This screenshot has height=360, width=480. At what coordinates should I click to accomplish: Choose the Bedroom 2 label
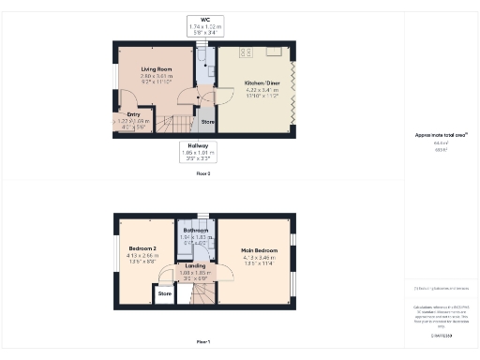point(143,248)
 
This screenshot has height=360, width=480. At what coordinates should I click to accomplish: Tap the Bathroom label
point(195,230)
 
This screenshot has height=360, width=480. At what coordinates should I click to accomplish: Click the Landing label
point(195,265)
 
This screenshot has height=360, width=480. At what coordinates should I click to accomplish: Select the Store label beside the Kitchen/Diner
point(207,121)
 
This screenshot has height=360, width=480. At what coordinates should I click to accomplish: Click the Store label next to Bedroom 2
point(165,293)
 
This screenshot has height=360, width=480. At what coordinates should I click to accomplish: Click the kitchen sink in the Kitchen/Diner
point(274,51)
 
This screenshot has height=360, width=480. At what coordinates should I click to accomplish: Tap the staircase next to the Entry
point(169,121)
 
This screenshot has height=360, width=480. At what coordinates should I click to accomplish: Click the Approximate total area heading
point(440,135)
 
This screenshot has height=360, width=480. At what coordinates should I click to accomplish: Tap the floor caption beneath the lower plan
point(202,341)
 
